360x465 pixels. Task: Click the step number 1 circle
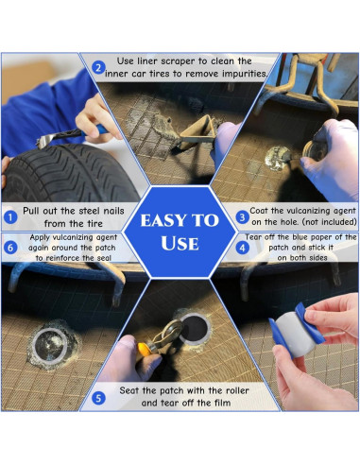click(x=10, y=217)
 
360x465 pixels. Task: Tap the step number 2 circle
click(x=98, y=68)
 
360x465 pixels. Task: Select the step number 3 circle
click(x=242, y=217)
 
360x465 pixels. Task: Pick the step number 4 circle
click(x=242, y=248)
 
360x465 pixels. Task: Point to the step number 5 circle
click(x=98, y=398)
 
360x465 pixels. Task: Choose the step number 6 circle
click(x=10, y=248)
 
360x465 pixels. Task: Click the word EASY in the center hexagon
click(x=164, y=220)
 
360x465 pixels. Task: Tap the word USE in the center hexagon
click(x=180, y=243)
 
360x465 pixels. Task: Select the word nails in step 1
click(x=113, y=211)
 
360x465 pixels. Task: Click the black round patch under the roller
click(x=195, y=329)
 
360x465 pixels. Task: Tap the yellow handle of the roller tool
click(x=144, y=350)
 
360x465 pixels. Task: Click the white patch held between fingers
click(x=297, y=334)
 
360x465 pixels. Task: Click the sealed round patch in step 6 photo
click(x=50, y=345)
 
